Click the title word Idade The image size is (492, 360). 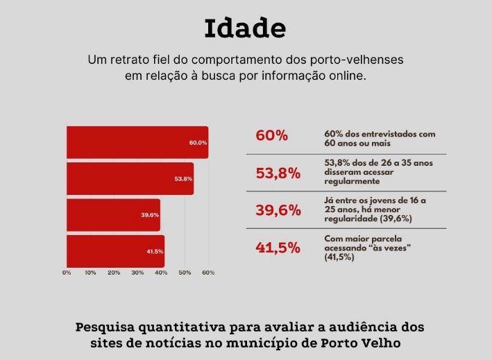click(x=245, y=28)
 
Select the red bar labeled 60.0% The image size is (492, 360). click(x=137, y=142)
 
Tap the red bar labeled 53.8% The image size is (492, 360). click(x=130, y=178)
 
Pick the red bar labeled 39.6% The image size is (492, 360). click(x=113, y=215)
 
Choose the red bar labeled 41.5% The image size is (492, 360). click(x=115, y=251)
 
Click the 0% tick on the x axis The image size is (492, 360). click(x=67, y=273)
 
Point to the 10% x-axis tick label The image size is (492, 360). click(x=90, y=273)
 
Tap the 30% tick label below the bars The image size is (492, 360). click(x=137, y=273)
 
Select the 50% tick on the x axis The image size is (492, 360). click(x=185, y=273)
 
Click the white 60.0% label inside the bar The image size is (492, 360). click(x=198, y=143)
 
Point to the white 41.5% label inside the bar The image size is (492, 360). click(x=154, y=251)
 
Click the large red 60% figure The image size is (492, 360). click(x=271, y=135)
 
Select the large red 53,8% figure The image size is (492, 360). click(x=278, y=173)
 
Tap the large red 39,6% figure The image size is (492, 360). click(x=278, y=210)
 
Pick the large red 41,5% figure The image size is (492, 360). click(x=278, y=248)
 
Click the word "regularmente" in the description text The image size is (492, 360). click(x=352, y=181)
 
